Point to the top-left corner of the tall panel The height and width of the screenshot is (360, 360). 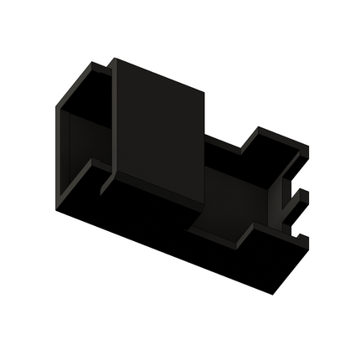(115, 60)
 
